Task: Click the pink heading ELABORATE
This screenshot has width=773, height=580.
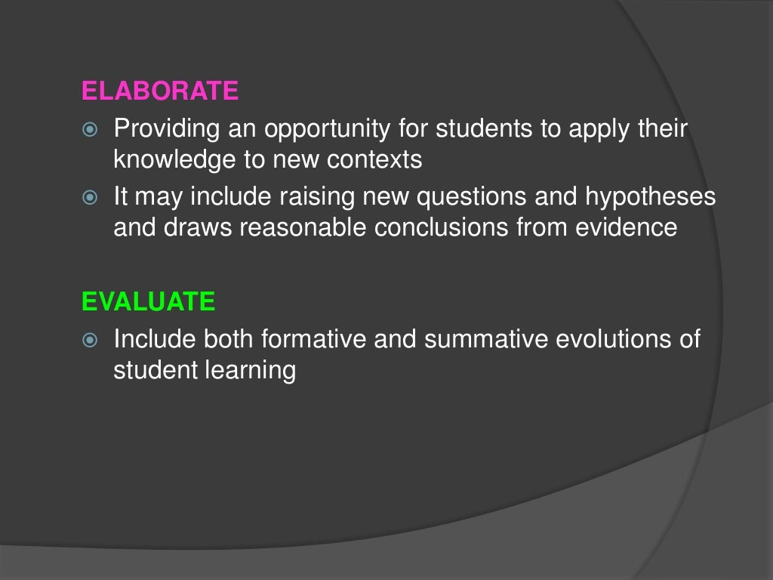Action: [160, 91]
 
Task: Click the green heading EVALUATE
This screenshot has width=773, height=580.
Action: [149, 302]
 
